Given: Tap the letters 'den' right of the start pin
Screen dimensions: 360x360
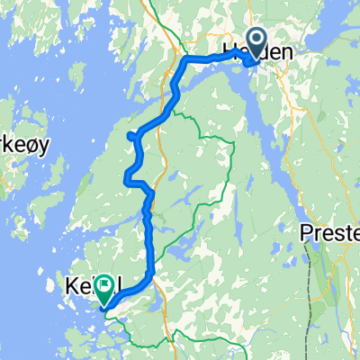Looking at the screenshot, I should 279,54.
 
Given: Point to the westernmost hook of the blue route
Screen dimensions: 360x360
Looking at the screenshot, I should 131,136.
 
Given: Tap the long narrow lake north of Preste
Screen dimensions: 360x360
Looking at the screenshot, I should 286,162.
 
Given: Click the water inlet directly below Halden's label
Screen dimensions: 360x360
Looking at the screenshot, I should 243,81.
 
